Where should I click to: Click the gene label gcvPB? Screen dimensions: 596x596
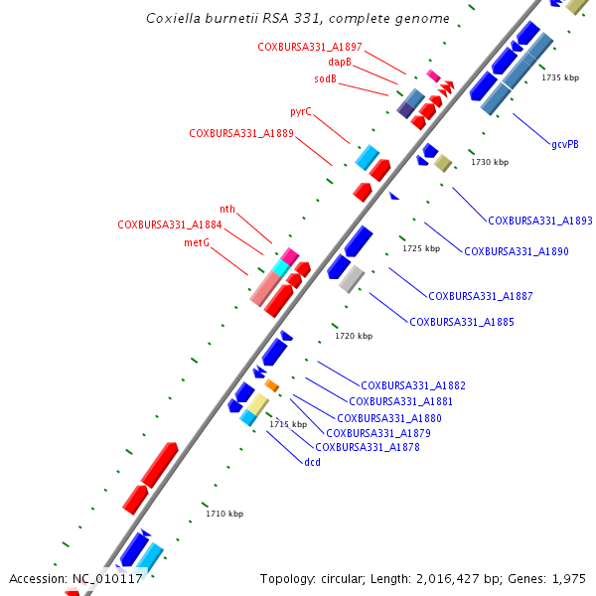point(565,144)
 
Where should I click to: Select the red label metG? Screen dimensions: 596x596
point(197,242)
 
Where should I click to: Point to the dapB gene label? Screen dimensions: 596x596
point(340,62)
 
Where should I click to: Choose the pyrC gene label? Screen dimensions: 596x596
point(301,112)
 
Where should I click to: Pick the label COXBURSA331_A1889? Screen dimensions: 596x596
point(241,133)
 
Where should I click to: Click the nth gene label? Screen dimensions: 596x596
point(227,209)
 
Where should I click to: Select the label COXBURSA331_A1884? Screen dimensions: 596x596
point(170,224)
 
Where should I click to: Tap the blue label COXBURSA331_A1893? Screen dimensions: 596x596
point(540,221)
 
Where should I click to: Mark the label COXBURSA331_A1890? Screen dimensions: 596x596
point(517,251)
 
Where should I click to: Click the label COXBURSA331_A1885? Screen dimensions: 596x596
point(461,322)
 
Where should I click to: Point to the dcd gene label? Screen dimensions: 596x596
point(312,462)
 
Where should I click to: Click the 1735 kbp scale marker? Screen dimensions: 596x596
point(560,77)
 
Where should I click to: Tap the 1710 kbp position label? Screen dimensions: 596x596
point(224,514)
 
